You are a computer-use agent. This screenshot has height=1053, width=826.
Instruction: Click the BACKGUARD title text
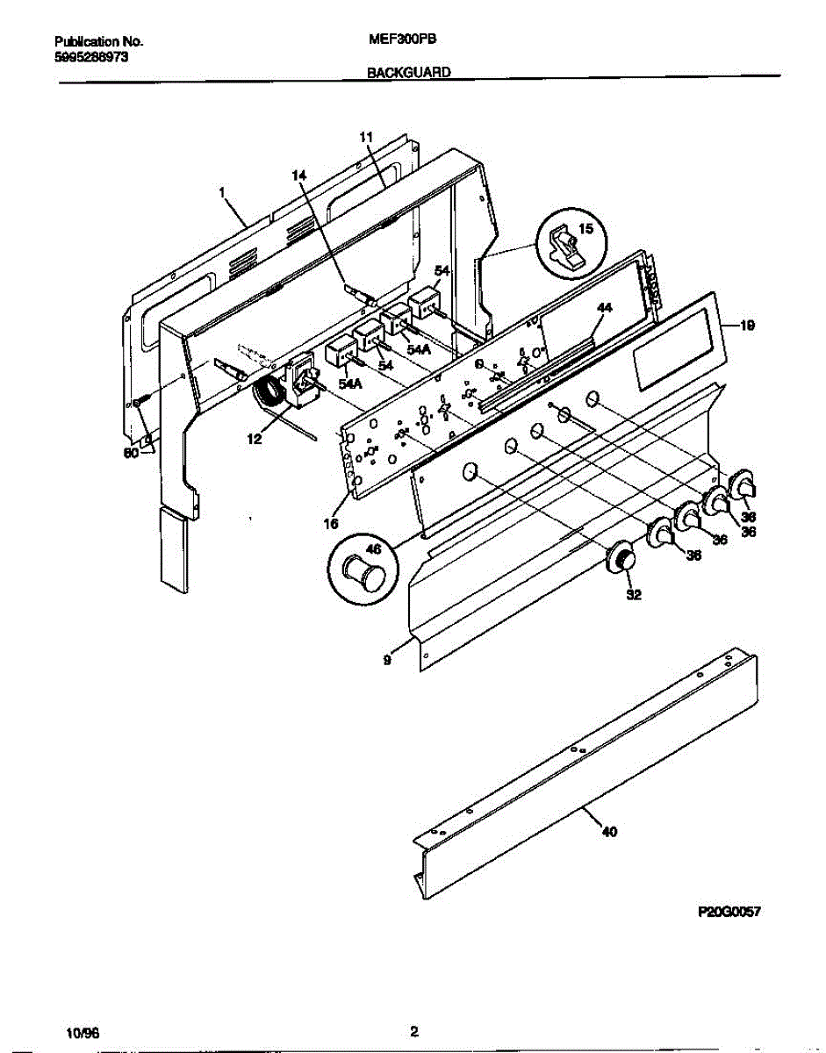(x=408, y=75)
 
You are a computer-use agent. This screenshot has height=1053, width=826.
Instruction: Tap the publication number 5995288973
(x=91, y=55)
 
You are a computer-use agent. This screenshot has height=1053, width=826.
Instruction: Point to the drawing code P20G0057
(x=728, y=912)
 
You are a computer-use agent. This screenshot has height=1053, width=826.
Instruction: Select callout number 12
(x=254, y=440)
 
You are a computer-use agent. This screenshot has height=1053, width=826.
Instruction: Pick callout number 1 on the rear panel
(x=223, y=191)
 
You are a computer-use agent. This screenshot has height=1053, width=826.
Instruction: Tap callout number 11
(x=367, y=137)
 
